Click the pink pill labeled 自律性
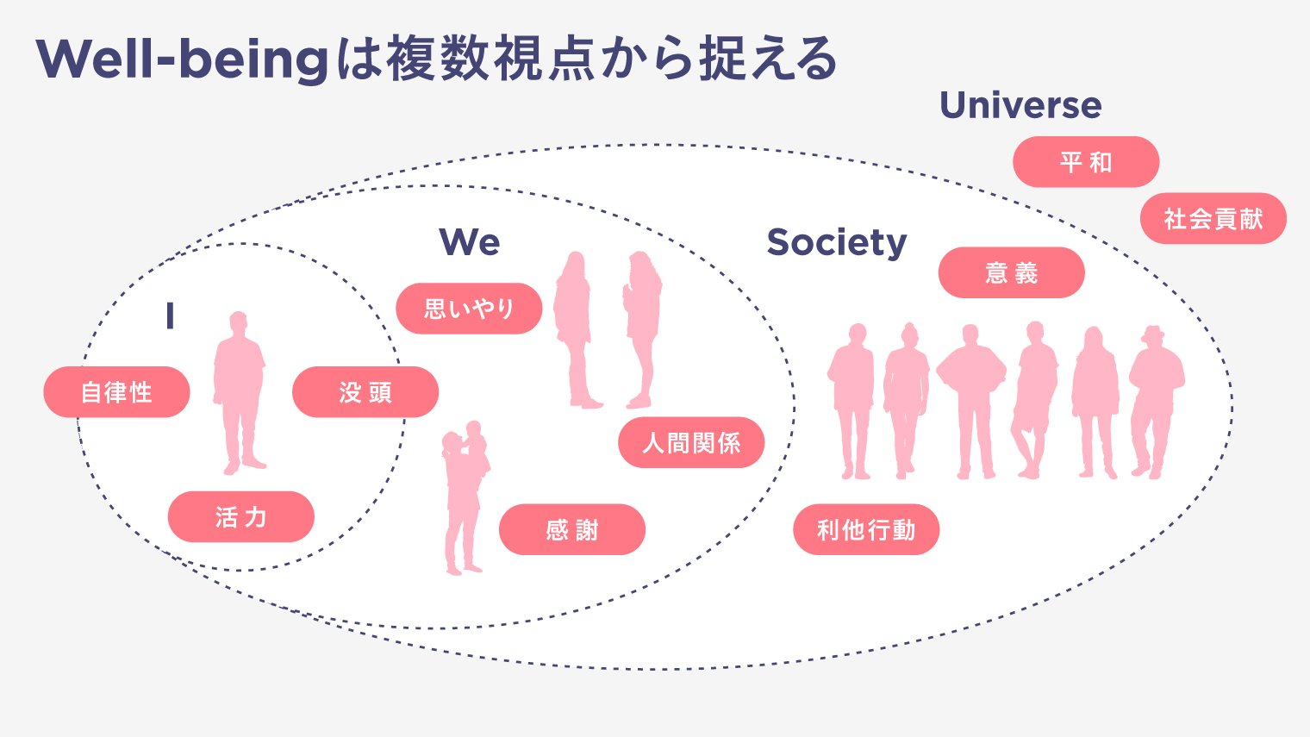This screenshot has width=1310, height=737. point(116,392)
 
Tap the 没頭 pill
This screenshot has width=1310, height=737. point(365,392)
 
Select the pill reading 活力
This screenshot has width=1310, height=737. point(240,517)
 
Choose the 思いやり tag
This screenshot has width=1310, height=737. point(469,309)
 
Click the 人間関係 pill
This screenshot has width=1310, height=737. point(691,443)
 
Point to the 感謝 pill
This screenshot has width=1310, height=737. point(571,529)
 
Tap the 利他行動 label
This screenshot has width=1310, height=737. point(866,529)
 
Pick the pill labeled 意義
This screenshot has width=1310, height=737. point(1011,273)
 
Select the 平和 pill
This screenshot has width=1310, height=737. point(1086,162)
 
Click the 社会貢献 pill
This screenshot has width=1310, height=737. point(1213,219)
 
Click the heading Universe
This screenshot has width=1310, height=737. point(1020,105)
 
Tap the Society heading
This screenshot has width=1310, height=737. point(836,242)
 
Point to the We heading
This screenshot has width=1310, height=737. point(470,242)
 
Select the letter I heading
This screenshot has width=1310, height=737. point(170,316)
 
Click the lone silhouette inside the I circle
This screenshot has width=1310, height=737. point(239,388)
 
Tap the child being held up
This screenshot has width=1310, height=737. point(475,448)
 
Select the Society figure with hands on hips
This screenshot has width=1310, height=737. point(971,397)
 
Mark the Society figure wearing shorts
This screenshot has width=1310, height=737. point(1034,397)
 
